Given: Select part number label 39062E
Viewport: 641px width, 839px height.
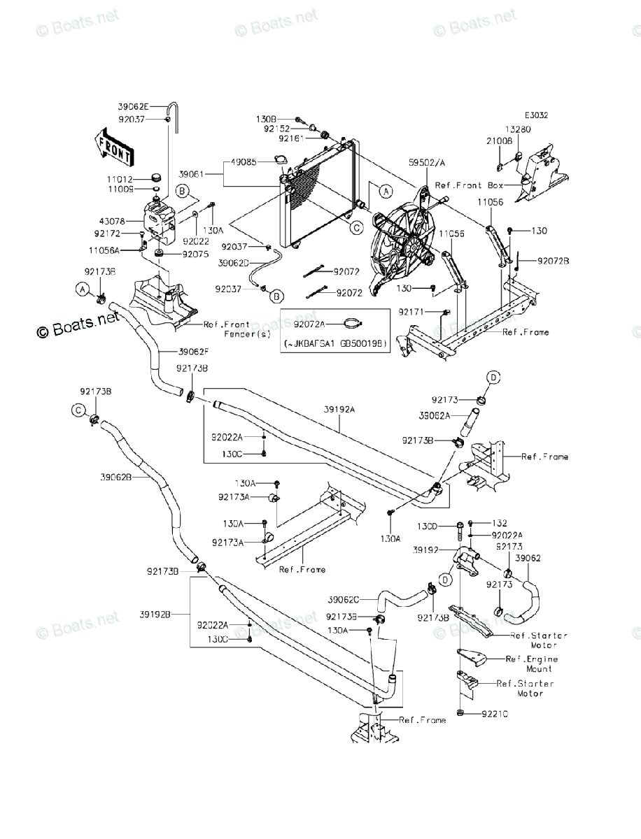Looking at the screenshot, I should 133,107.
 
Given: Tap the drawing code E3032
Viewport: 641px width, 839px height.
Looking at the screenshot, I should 537,116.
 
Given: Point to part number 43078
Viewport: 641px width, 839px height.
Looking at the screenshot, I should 121,220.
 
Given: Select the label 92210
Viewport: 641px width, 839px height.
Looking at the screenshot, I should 494,714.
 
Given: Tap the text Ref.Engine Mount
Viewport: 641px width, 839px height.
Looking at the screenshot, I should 532,664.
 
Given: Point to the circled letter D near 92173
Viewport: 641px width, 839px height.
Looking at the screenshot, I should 493,378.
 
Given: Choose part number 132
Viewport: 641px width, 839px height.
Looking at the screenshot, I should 499,523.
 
